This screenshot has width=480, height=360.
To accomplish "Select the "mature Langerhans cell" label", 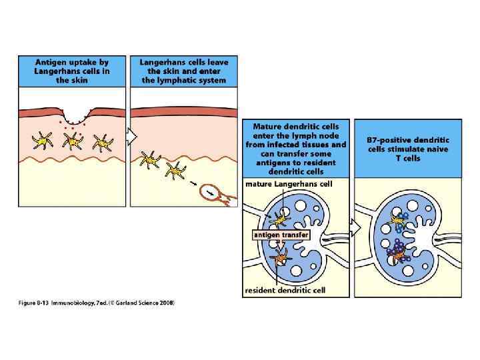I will [x=288, y=183].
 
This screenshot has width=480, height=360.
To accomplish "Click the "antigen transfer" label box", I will [x=281, y=235].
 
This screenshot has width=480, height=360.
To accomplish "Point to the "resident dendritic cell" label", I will [x=289, y=291].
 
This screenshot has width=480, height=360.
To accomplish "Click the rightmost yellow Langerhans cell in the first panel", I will [x=103, y=142].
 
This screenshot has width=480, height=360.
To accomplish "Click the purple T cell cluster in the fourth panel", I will [x=399, y=253].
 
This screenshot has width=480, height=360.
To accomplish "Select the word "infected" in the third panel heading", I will [x=296, y=144].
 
